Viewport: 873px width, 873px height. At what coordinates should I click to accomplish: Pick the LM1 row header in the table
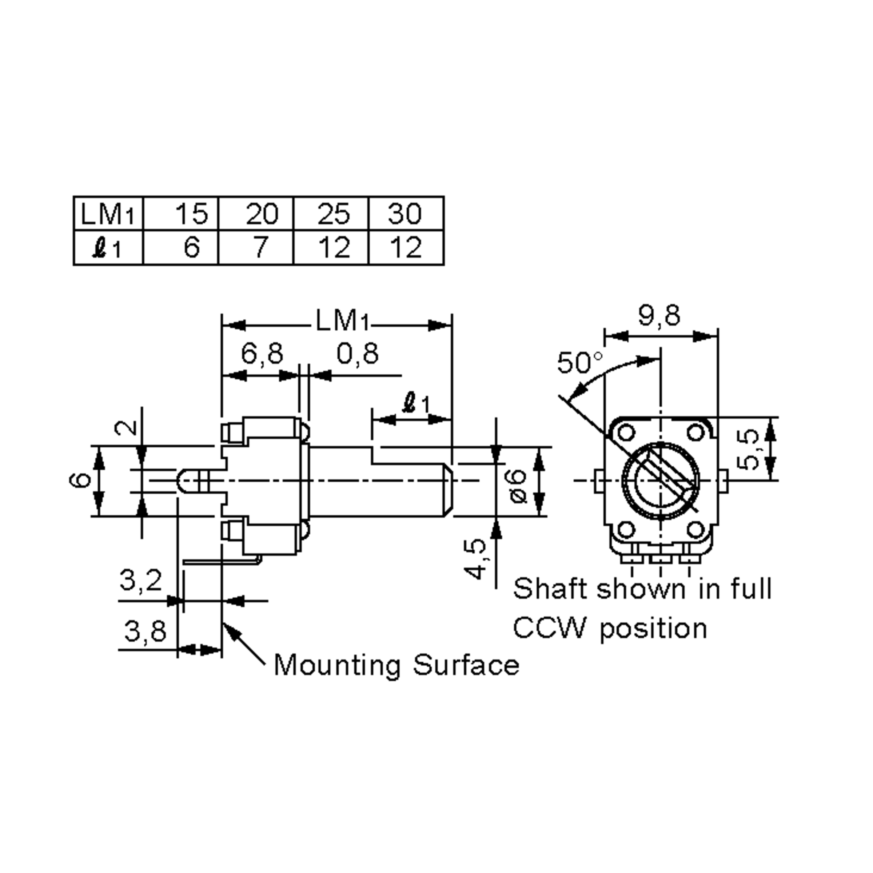point(108,213)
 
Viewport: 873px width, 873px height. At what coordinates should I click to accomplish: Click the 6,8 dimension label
point(262,353)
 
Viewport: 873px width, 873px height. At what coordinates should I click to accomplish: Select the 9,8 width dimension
point(659,315)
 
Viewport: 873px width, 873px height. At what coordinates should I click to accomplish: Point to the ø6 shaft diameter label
point(518,486)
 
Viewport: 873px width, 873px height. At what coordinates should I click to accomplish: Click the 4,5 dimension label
point(476,559)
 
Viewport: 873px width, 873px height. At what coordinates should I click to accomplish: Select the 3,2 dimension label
point(140,580)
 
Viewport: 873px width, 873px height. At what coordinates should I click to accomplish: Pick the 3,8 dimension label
point(145,631)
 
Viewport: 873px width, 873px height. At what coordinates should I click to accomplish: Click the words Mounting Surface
point(396,665)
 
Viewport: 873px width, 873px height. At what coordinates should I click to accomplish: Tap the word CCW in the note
point(549,628)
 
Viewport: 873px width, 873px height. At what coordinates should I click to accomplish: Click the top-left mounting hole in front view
point(626,433)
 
